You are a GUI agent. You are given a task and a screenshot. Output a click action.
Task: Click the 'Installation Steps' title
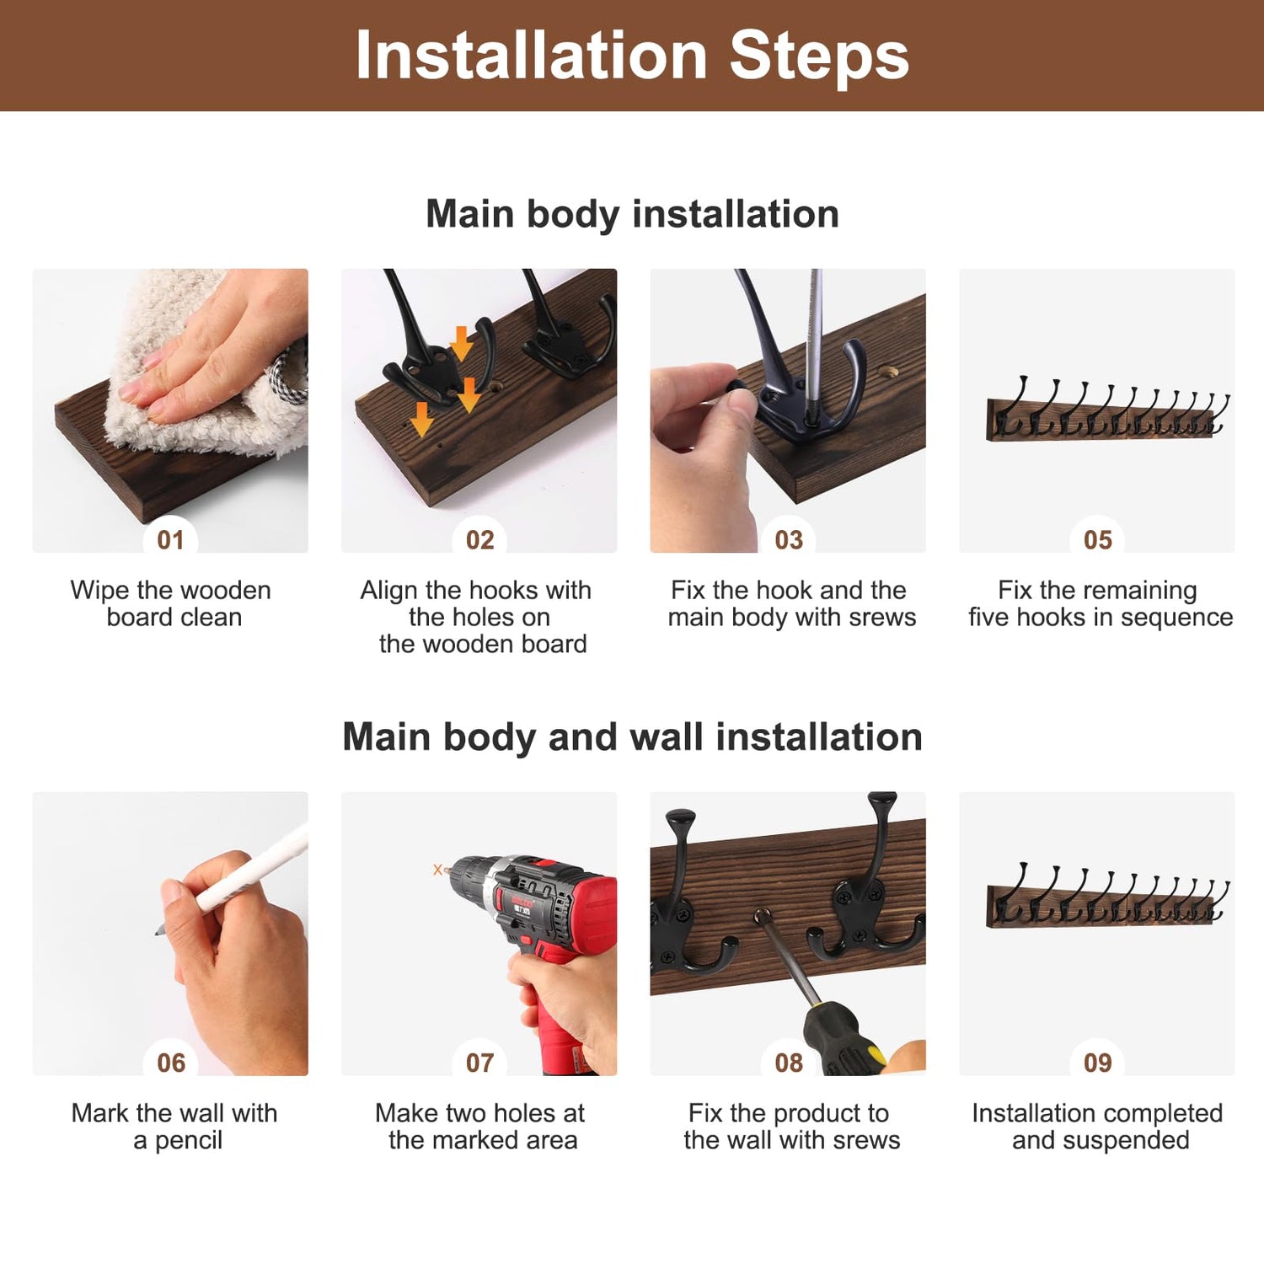point(632,56)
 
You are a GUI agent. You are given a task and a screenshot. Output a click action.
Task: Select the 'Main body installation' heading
point(632,214)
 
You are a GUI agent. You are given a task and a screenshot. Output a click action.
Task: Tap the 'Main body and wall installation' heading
point(632,736)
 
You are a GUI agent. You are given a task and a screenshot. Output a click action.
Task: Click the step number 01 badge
point(171,539)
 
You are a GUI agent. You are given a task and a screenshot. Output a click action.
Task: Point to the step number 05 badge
point(1098,539)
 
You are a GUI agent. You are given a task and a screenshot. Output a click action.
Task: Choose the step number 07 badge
point(480,1063)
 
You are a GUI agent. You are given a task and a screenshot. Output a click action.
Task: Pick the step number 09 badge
point(1098,1063)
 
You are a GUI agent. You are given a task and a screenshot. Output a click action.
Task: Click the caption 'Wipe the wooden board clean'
point(171,603)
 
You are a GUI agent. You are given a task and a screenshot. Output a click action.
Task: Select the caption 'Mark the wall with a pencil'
point(174,1127)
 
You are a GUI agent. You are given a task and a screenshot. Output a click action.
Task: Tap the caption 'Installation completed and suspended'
point(1097,1127)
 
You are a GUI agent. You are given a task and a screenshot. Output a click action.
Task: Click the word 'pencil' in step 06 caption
point(189,1141)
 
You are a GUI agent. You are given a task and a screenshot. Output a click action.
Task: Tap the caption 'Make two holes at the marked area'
point(481,1127)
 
